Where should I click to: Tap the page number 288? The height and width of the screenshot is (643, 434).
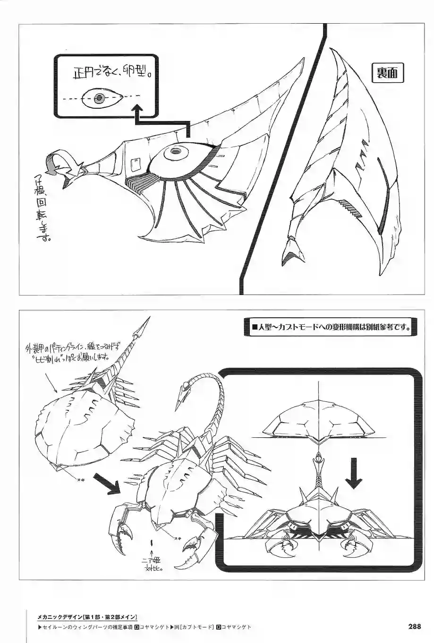pos(414,626)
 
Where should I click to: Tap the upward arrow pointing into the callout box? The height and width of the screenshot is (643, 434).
pos(138,113)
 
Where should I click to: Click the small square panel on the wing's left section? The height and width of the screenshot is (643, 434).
pos(135,163)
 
